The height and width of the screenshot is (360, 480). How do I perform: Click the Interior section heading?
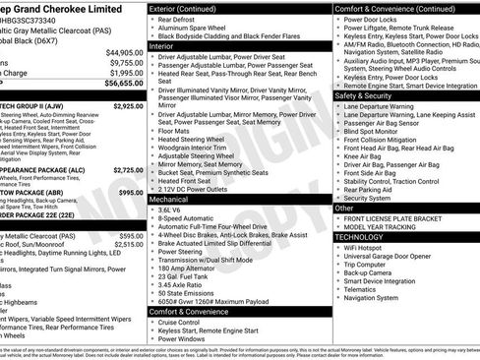[162, 45]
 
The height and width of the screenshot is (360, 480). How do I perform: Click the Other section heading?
[344, 209]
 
